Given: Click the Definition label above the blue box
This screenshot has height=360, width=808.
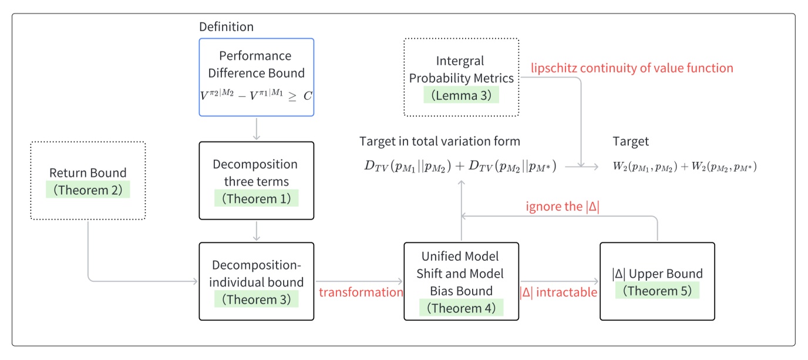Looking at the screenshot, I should (226, 27).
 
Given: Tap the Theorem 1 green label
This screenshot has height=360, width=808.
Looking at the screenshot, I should (256, 198).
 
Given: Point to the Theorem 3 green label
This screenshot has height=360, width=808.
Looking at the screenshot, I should (256, 300).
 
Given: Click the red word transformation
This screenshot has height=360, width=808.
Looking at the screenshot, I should (361, 292).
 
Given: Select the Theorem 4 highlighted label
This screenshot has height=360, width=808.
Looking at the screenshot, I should (461, 308).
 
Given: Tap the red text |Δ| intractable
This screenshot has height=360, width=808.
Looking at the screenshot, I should (558, 292).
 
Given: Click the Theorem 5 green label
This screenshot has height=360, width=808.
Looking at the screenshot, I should (657, 291).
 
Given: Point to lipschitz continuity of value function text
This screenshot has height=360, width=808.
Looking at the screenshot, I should (632, 68).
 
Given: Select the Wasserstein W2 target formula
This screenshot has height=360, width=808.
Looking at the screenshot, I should (684, 167).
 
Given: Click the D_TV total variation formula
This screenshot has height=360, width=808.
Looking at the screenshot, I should (461, 166).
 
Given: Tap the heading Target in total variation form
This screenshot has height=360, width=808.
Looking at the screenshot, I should (440, 142).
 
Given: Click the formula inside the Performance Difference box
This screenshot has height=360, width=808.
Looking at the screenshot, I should (256, 96).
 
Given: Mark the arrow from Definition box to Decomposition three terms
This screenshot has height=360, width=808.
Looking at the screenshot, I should (256, 129).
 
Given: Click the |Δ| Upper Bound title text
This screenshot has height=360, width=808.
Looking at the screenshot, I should (657, 274).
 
